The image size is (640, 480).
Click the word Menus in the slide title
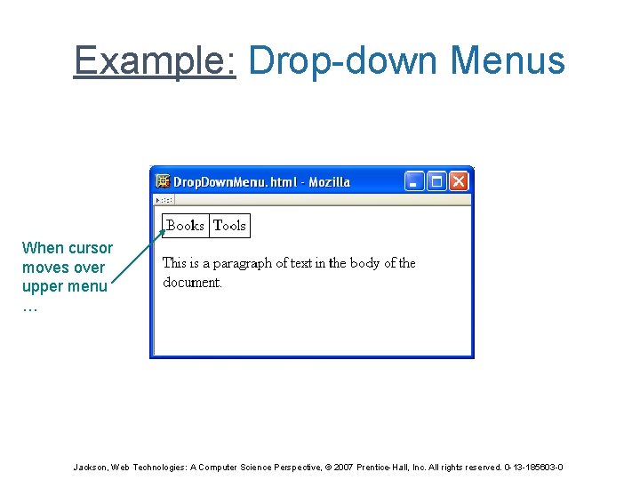508,61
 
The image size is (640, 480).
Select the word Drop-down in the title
343,61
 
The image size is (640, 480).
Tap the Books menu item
186,226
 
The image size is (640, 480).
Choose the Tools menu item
229,226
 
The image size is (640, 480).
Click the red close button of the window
459,181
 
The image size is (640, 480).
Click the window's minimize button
414,181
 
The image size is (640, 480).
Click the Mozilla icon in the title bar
162,181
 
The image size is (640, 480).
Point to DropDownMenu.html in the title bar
234,182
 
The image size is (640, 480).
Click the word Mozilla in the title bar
329,182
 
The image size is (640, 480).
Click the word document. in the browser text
192,283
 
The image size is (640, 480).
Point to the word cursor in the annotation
92,248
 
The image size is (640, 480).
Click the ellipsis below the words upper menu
29,307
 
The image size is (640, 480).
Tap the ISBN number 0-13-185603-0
533,468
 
